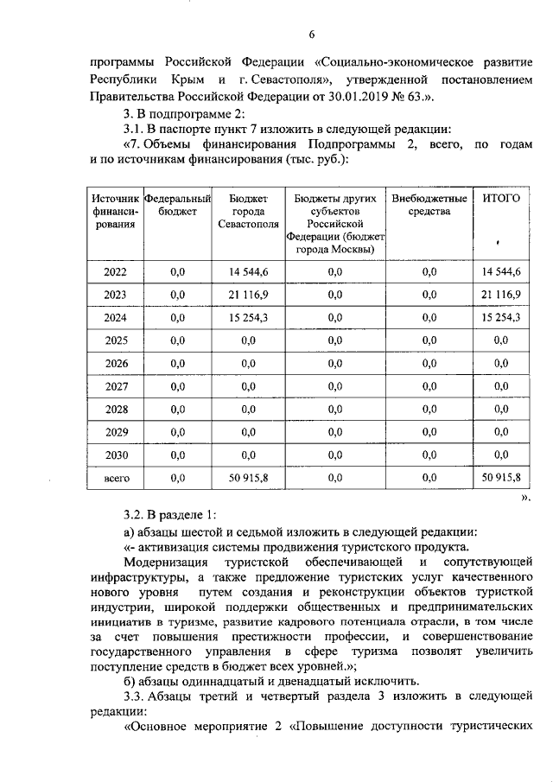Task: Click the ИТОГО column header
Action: [500, 198]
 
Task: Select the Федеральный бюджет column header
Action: [178, 205]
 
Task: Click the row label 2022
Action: [115, 272]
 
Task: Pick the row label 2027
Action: [115, 386]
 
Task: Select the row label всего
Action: [115, 477]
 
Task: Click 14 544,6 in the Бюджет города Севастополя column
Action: [249, 272]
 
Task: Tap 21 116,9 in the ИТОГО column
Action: [500, 295]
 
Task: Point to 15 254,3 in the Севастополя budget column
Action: [249, 317]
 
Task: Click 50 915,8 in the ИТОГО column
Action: [500, 477]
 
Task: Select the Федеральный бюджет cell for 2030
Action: [178, 455]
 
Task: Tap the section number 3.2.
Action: [137, 516]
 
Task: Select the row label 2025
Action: [115, 340]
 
